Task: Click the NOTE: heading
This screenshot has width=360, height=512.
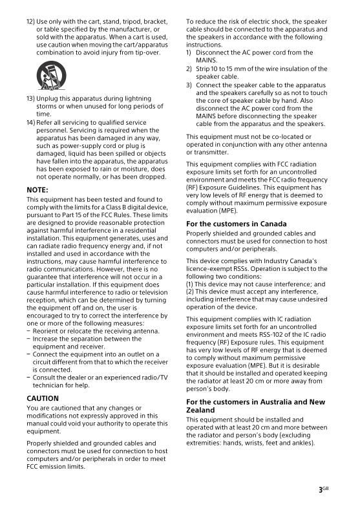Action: click(37, 189)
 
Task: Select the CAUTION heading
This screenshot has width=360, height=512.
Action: click(43, 398)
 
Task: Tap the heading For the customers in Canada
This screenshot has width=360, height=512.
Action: click(237, 224)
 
